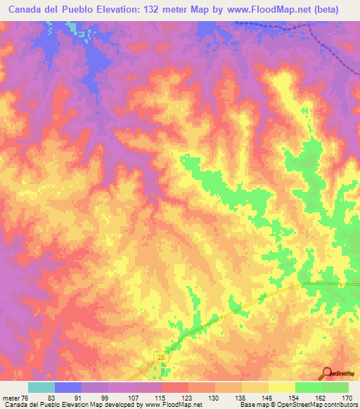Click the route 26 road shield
click(161, 358)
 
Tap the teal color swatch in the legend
click(41, 387)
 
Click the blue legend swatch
click(68, 387)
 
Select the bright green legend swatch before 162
click(309, 387)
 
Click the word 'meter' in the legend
click(10, 398)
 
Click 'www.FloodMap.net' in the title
click(243, 10)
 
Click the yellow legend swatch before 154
click(282, 387)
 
